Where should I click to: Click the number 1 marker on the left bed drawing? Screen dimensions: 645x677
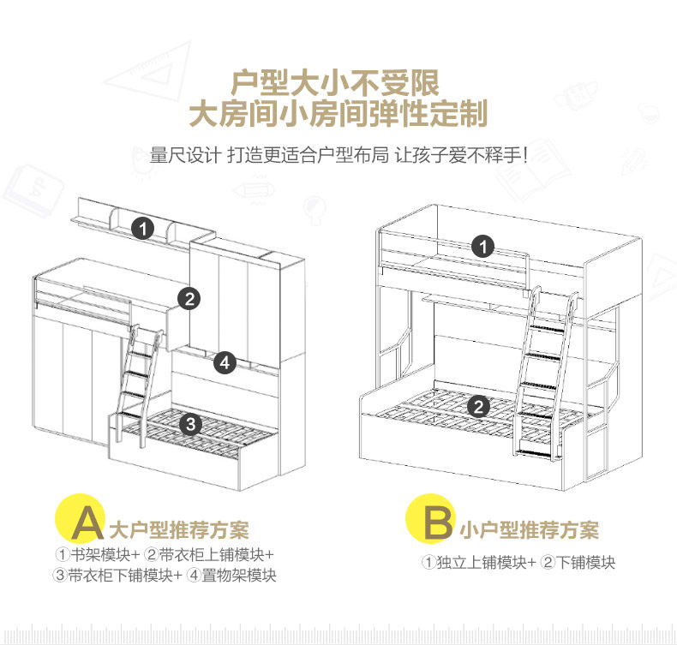pos(143,229)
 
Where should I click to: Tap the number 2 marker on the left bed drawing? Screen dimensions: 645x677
pos(189,298)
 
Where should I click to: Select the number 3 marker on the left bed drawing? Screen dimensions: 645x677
pos(192,423)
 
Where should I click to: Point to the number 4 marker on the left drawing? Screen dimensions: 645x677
pos(225,362)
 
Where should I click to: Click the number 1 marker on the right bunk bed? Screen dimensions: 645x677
pos(484,248)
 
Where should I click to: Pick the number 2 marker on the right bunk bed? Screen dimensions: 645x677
pos(480,406)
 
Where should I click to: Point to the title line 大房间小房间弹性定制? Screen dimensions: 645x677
pos(338,114)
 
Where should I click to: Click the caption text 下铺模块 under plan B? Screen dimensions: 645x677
pos(586,563)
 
